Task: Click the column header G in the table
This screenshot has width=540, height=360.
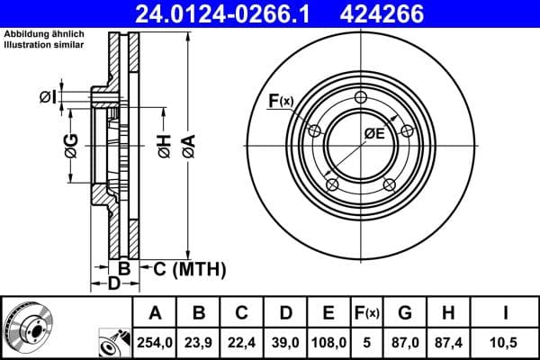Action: pos(405,312)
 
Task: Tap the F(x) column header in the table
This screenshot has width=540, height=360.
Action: pos(366,312)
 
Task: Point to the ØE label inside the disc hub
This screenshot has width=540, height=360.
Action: pos(374,133)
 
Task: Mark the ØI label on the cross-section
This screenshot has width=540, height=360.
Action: pos(48,97)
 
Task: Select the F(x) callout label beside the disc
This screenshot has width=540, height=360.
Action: pos(282,101)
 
